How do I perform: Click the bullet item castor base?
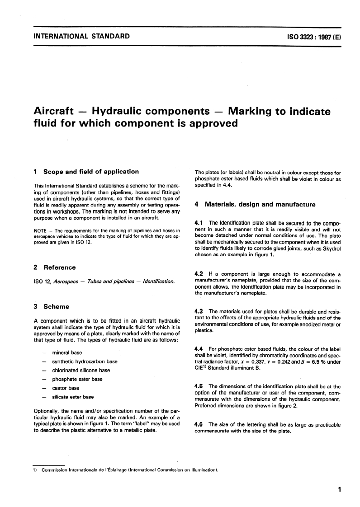point(66,388)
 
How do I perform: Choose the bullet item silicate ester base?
point(73,397)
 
